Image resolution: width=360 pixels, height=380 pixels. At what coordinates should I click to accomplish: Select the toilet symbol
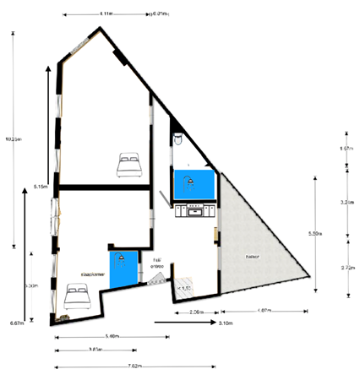click(177, 136)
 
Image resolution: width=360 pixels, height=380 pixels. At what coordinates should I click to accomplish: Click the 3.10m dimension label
click(226, 323)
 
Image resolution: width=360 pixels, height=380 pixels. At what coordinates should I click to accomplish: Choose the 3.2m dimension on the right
click(346, 203)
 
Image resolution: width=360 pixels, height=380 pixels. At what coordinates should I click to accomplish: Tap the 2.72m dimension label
click(346, 267)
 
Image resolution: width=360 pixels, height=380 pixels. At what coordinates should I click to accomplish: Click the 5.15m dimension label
click(40, 186)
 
